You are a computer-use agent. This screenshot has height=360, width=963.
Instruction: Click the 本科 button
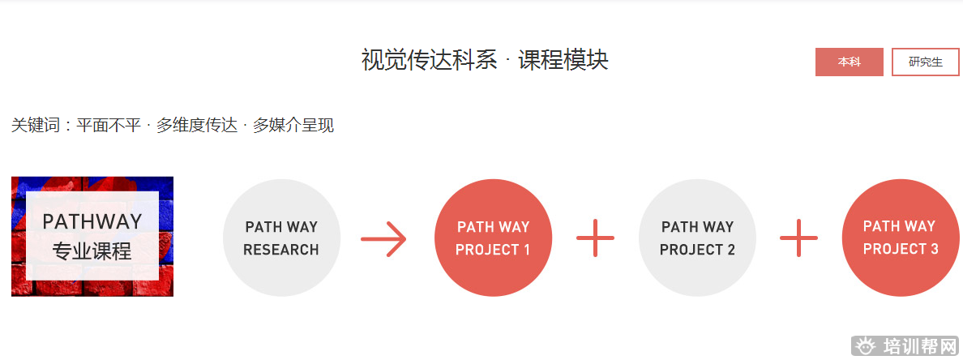[849, 62]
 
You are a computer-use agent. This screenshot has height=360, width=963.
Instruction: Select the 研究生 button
[925, 62]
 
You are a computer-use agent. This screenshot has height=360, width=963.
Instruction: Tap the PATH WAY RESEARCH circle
[281, 238]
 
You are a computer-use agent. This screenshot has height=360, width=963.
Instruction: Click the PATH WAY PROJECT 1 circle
[493, 238]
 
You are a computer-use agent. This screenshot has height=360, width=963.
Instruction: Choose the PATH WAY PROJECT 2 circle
[697, 238]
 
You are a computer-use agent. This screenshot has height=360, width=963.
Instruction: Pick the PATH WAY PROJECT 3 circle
[900, 238]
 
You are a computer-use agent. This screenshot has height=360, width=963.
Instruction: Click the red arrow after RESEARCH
[383, 238]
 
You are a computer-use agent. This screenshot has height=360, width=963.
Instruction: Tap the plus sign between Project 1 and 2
[595, 238]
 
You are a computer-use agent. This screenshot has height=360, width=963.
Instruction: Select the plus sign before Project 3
[798, 238]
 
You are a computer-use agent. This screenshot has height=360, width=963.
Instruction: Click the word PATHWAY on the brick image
[92, 221]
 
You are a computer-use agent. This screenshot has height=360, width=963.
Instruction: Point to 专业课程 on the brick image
[92, 251]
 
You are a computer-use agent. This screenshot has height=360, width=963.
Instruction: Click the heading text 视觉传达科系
[429, 60]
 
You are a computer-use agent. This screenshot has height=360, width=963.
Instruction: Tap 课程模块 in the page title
[563, 60]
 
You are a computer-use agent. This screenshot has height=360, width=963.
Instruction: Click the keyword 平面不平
[109, 126]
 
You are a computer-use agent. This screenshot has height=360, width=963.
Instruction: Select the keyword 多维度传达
[197, 126]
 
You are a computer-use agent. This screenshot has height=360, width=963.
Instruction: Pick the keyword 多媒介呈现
[293, 126]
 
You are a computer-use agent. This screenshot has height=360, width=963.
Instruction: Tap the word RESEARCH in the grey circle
[281, 250]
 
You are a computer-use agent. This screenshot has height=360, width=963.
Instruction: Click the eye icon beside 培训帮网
[866, 346]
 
